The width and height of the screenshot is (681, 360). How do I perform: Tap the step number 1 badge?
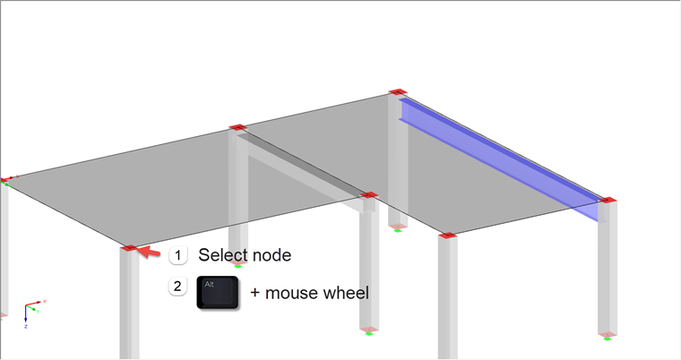[x=177, y=255]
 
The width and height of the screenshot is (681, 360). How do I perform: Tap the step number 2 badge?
[x=177, y=287]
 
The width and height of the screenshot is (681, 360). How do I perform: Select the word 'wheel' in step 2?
[x=349, y=292]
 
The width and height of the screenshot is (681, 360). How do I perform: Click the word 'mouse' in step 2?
[x=294, y=292]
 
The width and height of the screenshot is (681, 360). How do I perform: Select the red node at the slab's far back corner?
[x=398, y=92]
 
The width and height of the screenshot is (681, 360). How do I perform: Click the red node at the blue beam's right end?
[x=607, y=201]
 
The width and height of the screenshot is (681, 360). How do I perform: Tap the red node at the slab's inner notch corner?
[x=367, y=193]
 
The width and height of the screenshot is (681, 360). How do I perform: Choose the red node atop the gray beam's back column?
[x=237, y=128]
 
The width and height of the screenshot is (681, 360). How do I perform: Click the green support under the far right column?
[x=608, y=338]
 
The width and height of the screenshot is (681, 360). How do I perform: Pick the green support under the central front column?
[x=368, y=332]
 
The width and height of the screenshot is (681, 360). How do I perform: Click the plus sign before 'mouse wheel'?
[x=255, y=292]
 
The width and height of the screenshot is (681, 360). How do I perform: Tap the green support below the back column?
[x=398, y=229]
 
